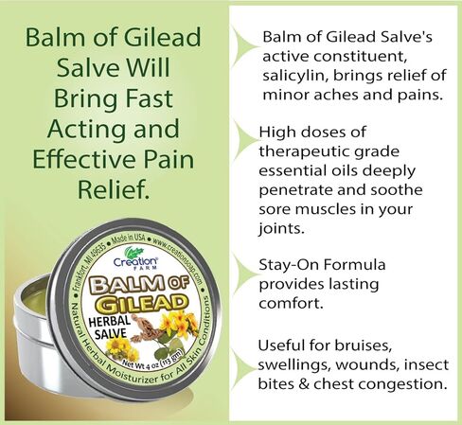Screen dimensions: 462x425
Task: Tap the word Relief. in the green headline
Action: pos(113,189)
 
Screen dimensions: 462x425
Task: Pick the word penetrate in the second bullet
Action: pos(295,190)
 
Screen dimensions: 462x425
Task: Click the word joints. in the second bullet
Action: pos(281,228)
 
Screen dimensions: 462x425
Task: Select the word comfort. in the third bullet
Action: pos(291,304)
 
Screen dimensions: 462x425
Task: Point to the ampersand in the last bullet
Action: pos(304,384)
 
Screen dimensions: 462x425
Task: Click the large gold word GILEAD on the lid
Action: pos(140,303)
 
